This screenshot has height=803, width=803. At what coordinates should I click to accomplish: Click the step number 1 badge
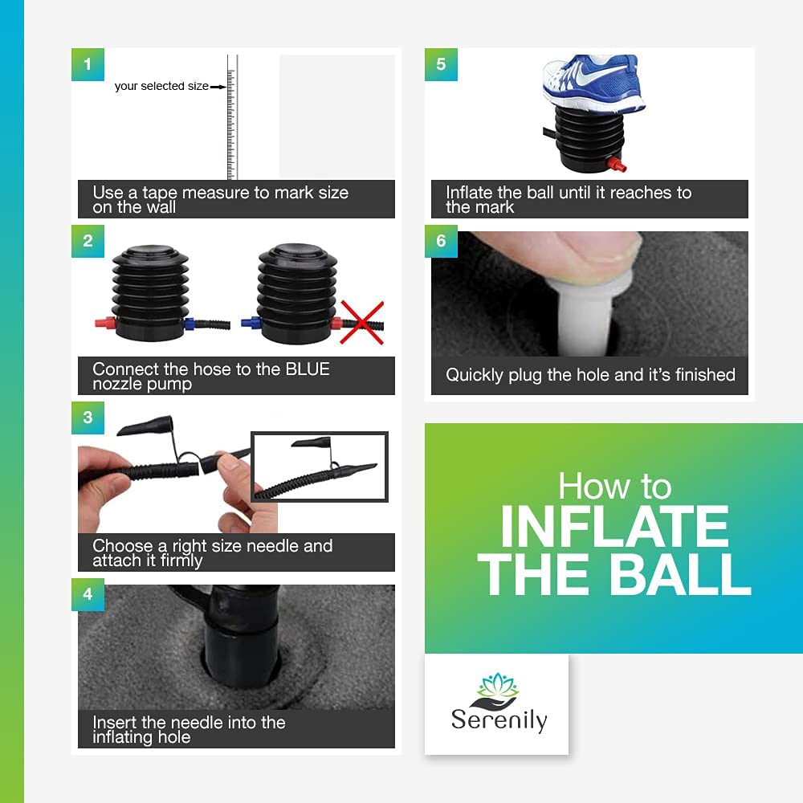88,64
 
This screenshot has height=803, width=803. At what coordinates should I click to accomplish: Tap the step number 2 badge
88,241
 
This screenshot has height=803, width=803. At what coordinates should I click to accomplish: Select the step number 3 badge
88,418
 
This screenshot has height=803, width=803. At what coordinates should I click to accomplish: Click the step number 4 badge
88,594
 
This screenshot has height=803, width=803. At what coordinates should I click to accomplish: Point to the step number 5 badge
441,64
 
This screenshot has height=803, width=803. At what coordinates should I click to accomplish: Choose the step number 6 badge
441,241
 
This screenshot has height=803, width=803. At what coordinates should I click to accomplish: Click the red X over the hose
361,323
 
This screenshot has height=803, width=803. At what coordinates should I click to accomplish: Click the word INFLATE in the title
614,527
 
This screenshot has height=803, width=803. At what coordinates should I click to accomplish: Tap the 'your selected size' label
161,86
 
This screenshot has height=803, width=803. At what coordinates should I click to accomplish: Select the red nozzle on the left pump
105,324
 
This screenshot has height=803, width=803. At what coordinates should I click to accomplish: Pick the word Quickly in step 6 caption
475,375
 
